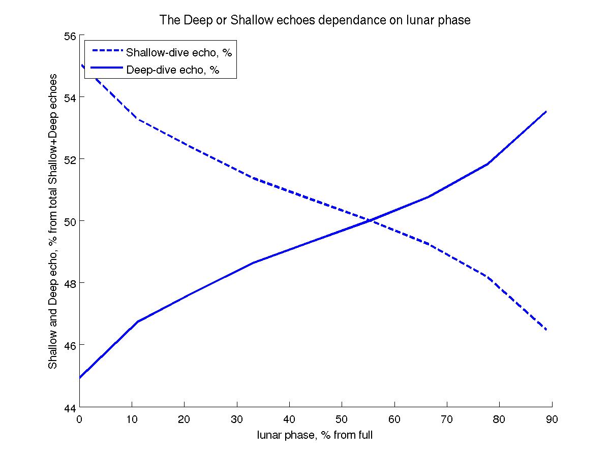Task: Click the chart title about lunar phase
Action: click(315, 20)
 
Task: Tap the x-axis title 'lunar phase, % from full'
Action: click(315, 435)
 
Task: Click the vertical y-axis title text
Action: click(53, 222)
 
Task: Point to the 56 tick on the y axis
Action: click(70, 36)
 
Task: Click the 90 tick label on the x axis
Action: click(552, 419)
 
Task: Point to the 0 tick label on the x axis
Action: click(79, 419)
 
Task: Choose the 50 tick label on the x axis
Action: click(342, 419)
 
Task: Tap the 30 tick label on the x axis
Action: click(237, 419)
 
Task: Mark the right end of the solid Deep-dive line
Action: click(546, 111)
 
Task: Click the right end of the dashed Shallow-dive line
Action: click(546, 330)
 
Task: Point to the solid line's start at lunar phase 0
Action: click(80, 378)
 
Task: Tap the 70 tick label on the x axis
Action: click(447, 419)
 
